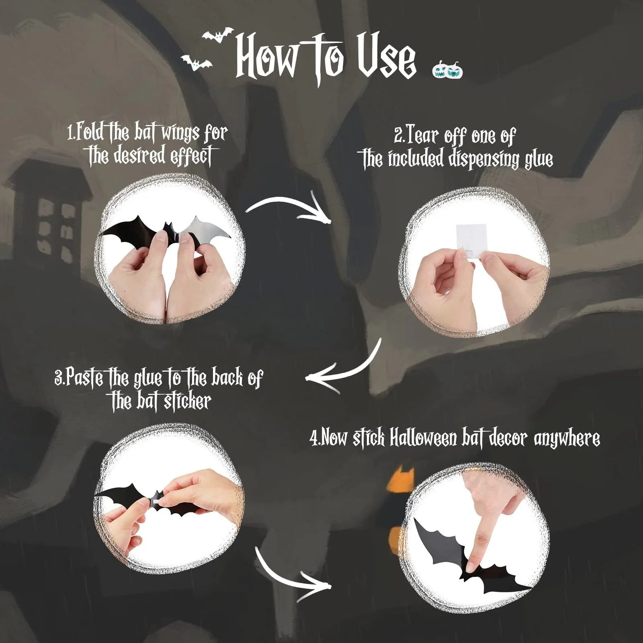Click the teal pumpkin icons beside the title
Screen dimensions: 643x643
448,69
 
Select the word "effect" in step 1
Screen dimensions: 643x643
192,156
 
